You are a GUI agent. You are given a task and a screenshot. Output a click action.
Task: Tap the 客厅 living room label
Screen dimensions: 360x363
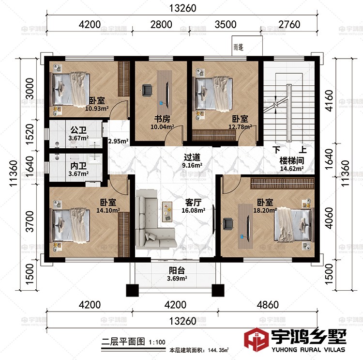193,203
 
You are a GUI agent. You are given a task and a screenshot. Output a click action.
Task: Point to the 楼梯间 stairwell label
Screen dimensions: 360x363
291,161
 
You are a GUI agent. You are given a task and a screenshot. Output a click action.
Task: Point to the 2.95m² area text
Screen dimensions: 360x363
117,141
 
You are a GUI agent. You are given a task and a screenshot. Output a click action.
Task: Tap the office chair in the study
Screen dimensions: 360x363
147,90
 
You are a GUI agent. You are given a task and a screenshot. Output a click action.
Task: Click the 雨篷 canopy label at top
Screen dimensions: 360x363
238,47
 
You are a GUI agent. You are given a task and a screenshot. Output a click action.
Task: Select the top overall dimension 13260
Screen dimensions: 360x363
182,8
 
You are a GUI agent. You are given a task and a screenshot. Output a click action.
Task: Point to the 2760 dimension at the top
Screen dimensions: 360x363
290,24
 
